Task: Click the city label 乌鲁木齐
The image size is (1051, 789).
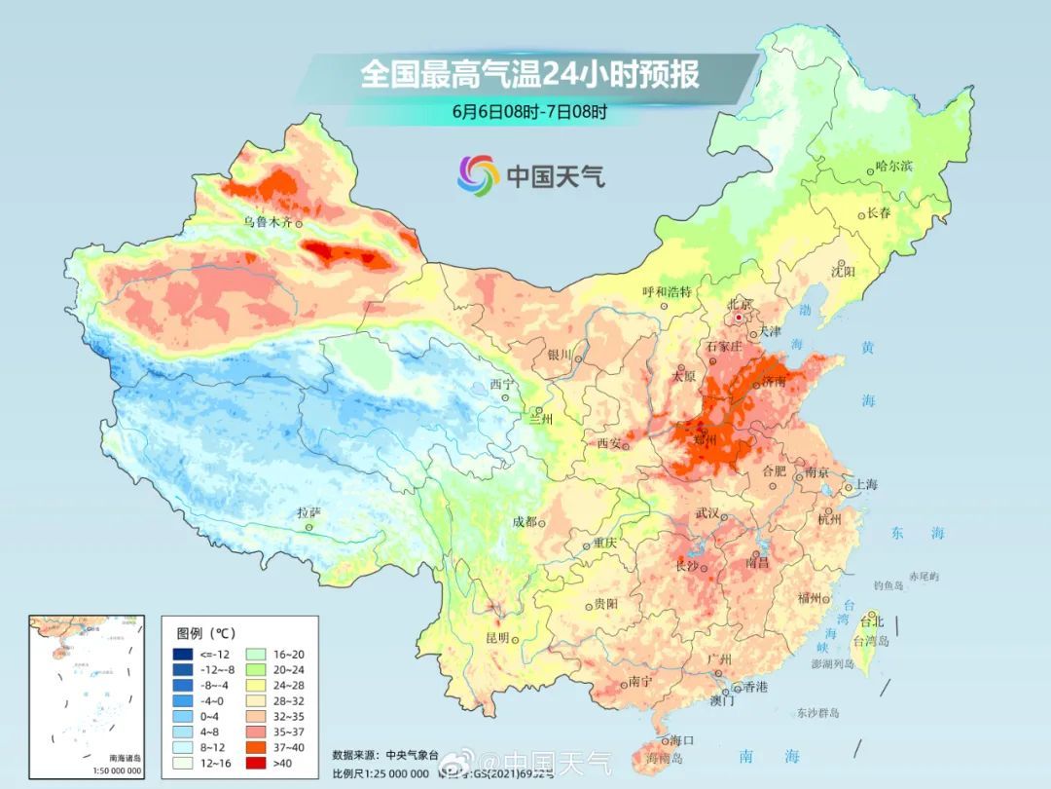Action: [267, 222]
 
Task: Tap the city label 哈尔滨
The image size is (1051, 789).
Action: [893, 167]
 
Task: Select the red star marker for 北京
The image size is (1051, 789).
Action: [740, 318]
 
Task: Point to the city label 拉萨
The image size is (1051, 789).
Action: [308, 512]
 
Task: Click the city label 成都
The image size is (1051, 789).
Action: [524, 521]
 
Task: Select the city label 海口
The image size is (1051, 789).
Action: [681, 741]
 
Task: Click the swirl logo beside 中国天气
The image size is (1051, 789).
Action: [478, 175]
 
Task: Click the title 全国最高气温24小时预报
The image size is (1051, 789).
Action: [529, 74]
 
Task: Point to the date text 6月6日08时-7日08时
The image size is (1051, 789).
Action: [529, 111]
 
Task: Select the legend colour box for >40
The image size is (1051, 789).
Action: [255, 763]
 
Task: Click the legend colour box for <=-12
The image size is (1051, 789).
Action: [182, 654]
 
